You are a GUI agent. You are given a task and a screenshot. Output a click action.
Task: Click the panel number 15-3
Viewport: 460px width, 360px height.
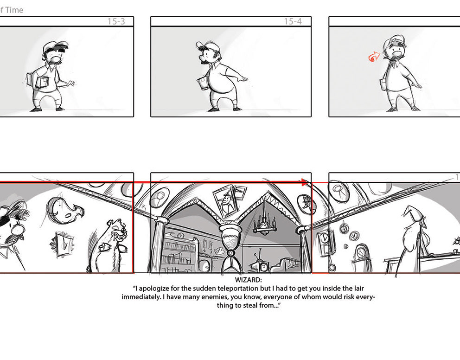[116, 21]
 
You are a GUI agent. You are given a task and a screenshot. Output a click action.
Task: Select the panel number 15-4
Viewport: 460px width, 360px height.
[293, 21]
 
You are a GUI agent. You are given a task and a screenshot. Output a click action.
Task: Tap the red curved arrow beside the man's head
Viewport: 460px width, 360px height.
[374, 56]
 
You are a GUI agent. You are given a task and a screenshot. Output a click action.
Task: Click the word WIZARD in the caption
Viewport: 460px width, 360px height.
[248, 280]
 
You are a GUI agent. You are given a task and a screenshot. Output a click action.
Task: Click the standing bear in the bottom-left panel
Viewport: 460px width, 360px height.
[111, 246]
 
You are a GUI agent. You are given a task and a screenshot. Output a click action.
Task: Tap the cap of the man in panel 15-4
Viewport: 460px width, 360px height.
[207, 45]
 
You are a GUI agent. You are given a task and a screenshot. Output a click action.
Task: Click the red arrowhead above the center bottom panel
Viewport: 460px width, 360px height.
[305, 182]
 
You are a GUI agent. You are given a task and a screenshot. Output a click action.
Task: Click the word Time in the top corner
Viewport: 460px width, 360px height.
[14, 10]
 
